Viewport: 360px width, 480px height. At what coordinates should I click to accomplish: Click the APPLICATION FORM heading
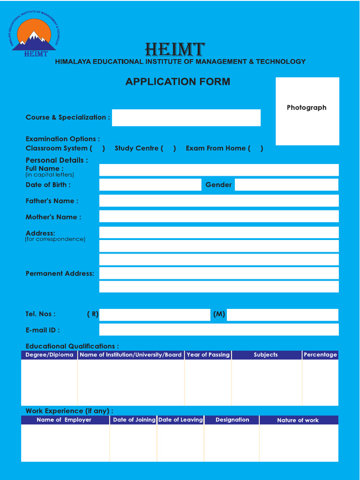(x=178, y=82)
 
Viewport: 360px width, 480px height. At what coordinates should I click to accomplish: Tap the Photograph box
(x=307, y=111)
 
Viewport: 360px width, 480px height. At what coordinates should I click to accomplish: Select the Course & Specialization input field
(x=186, y=118)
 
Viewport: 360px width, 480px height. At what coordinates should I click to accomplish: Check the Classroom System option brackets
(x=97, y=149)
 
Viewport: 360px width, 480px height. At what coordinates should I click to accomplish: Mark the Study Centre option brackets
(x=168, y=149)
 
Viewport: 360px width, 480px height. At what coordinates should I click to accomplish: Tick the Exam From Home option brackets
(x=255, y=149)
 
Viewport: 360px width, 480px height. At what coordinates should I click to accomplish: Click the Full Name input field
(x=219, y=170)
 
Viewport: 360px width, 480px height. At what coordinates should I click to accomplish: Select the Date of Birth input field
(x=150, y=185)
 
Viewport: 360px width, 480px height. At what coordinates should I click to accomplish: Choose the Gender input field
(x=286, y=185)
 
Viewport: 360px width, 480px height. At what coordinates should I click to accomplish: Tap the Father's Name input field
(x=219, y=201)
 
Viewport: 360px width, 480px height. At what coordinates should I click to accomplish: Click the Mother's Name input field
(x=219, y=217)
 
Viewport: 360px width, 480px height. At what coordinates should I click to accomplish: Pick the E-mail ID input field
(x=219, y=330)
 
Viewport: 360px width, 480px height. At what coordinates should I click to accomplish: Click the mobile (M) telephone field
(x=282, y=315)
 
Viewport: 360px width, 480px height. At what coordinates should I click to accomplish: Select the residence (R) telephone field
(x=155, y=315)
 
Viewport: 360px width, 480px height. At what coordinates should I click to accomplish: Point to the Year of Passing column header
(x=208, y=355)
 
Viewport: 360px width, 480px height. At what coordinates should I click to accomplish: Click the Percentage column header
(x=320, y=355)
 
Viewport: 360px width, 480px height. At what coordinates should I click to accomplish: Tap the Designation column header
(x=232, y=420)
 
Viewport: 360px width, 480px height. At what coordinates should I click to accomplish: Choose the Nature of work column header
(x=298, y=420)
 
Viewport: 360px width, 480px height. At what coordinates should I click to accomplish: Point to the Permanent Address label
(x=60, y=274)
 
